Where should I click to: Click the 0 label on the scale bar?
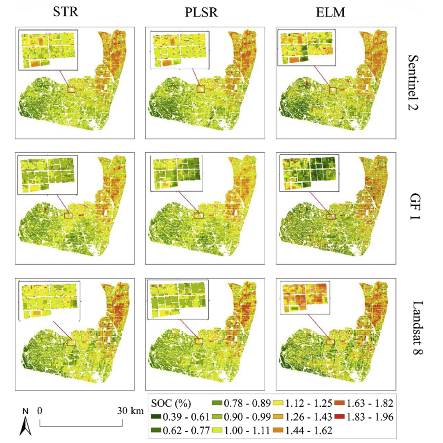[x=40, y=411]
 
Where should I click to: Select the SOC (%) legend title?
[x=171, y=404]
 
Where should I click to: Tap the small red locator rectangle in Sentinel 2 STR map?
[x=72, y=90]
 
